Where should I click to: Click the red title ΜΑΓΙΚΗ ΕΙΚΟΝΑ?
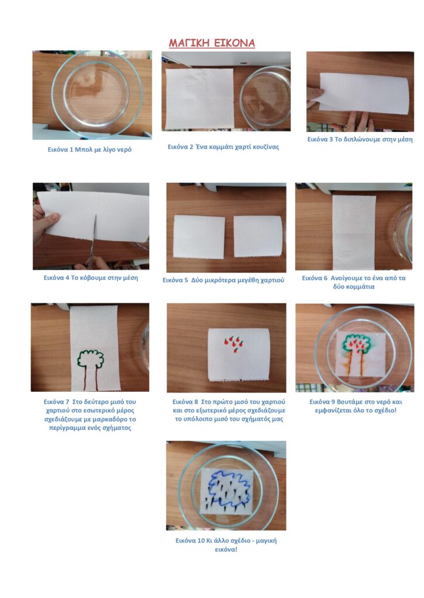[x=212, y=43]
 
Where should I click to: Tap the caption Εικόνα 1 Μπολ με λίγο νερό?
[x=89, y=149]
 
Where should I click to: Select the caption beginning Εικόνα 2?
[x=223, y=147]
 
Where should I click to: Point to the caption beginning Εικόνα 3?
[x=360, y=139]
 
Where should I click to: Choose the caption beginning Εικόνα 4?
[x=91, y=277]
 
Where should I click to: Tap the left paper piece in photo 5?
[x=199, y=237]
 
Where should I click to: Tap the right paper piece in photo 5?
[x=258, y=237]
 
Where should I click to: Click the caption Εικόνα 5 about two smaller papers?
[x=223, y=280]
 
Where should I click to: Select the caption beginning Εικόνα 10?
[x=226, y=545]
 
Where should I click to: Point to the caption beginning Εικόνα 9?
[x=356, y=406]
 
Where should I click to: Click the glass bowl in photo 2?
[x=265, y=98]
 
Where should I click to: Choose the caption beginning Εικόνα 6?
[x=353, y=282]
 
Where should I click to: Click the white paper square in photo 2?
[x=199, y=99]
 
